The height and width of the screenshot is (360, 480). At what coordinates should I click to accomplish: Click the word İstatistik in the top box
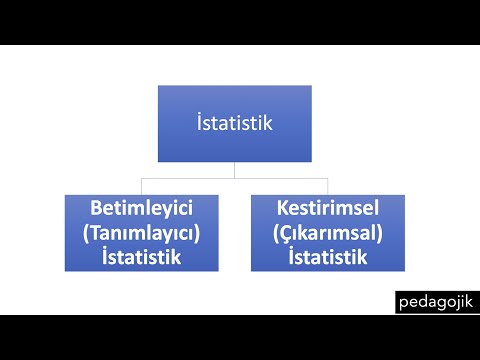point(234,124)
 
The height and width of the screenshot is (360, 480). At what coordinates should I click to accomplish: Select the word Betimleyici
point(142,211)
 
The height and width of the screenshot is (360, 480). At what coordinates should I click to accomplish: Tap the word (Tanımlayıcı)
point(142,234)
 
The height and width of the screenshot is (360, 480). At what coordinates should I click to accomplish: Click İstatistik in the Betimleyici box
point(142,256)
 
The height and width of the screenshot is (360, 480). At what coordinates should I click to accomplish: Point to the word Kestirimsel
point(327,211)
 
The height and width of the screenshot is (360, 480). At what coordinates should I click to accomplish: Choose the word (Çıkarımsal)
point(327,234)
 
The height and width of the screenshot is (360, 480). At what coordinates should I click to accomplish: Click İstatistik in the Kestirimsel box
point(327,256)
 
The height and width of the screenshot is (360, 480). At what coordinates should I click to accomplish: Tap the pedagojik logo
point(438,301)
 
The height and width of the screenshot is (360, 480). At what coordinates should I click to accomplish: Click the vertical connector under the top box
point(234,170)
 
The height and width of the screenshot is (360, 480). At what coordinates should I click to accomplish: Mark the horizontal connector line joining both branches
point(234,178)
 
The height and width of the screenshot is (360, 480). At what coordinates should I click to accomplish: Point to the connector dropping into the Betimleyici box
point(142,187)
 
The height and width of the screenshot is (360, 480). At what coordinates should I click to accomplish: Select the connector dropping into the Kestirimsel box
point(327,187)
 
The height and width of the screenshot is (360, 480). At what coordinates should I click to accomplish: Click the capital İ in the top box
point(200,124)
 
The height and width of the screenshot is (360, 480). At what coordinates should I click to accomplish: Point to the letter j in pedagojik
point(459,302)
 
